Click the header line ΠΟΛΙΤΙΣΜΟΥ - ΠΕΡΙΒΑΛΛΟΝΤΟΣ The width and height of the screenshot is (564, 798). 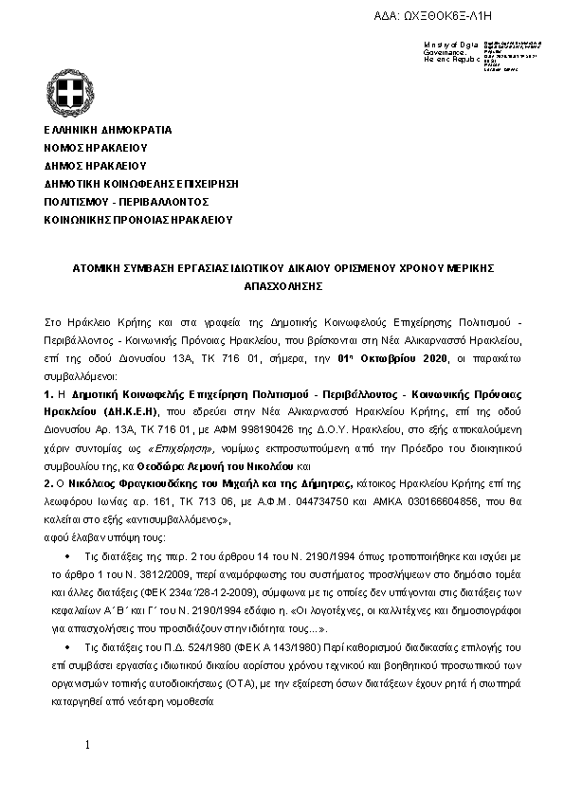[x=125, y=202]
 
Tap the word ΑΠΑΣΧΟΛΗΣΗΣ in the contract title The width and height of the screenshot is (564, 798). [x=282, y=285]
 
